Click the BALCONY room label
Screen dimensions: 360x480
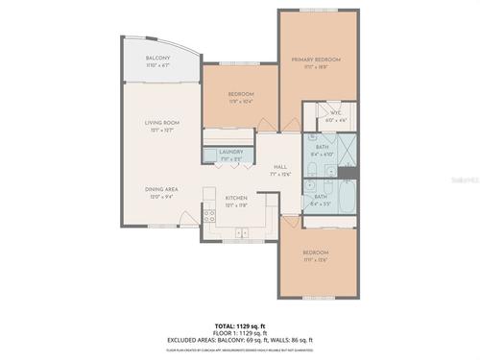pyautogui.click(x=158, y=60)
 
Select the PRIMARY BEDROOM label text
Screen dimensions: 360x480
pyautogui.click(x=315, y=60)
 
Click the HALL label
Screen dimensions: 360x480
pyautogui.click(x=280, y=165)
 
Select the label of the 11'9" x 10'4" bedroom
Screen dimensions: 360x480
pyautogui.click(x=240, y=94)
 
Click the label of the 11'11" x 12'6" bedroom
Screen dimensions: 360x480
pyautogui.click(x=315, y=252)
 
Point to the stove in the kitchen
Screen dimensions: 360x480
pyautogui.click(x=208, y=213)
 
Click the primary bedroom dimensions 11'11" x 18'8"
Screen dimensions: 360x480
pyautogui.click(x=315, y=67)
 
